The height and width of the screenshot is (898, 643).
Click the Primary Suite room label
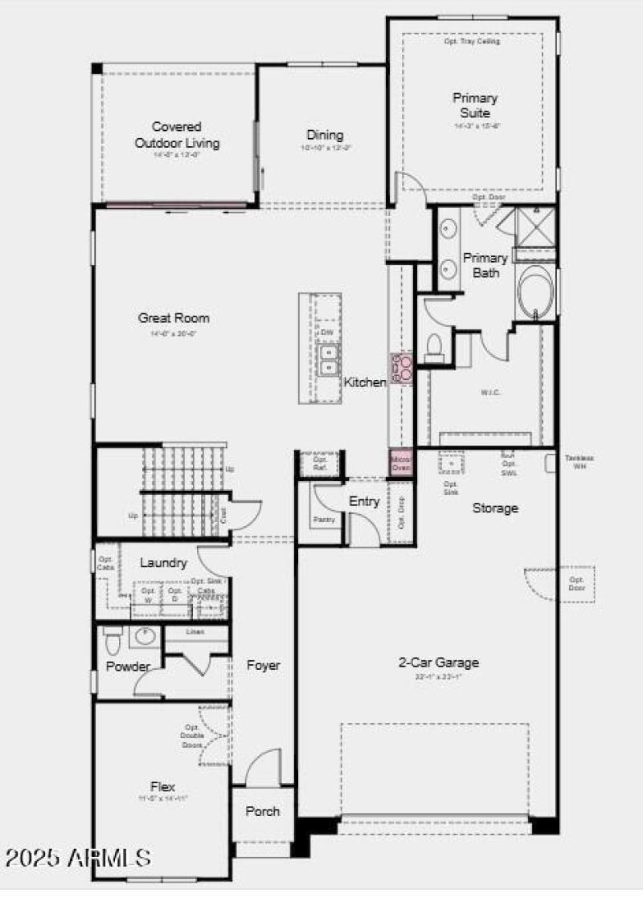[476, 105]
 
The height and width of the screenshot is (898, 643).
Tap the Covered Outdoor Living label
[177, 135]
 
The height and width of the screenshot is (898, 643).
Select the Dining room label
[325, 135]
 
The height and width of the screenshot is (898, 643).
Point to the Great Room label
[174, 318]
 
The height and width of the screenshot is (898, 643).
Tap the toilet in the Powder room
[112, 640]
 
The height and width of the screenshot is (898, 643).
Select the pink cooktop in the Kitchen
[401, 368]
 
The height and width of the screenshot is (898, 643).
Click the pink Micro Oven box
[400, 463]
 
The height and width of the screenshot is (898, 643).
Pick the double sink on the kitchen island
[328, 360]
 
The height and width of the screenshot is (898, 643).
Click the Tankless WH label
[579, 462]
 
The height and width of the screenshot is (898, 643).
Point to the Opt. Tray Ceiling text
[473, 41]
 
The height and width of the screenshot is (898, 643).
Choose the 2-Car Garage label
[439, 663]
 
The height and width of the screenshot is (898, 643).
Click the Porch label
[262, 811]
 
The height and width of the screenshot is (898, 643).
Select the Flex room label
[162, 787]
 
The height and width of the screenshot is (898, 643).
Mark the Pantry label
[324, 520]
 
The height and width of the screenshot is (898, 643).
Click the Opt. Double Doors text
[192, 737]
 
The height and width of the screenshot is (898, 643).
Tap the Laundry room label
[163, 563]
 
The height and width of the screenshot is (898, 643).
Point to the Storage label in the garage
[495, 508]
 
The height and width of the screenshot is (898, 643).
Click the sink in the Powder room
[144, 637]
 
